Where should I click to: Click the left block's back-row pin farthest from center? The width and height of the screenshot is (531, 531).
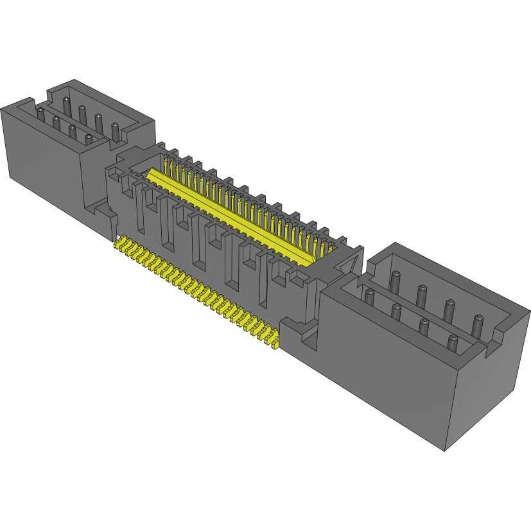tap(66, 104)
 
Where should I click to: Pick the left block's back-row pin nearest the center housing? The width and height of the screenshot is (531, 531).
tap(115, 130)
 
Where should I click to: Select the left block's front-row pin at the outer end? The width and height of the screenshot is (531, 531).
tap(40, 114)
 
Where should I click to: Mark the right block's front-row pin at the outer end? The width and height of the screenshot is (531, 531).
tap(453, 342)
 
